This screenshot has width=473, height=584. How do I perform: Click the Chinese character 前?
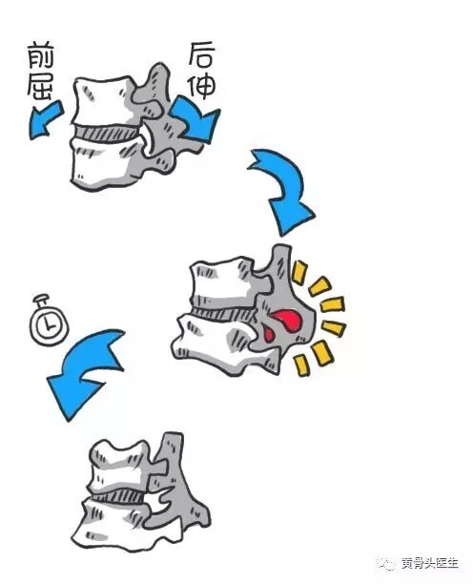coord(40,56)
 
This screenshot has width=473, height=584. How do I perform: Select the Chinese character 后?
coord(201,55)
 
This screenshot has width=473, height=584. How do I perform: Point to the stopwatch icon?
coord(49,320)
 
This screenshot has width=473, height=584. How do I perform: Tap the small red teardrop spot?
coord(269,334)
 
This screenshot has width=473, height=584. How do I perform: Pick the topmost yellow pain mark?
coord(299,272)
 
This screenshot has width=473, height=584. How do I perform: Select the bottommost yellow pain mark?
coord(301,365)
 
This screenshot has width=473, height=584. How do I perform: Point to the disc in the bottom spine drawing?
coord(118,495)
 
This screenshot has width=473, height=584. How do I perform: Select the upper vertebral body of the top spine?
coord(102,100)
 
